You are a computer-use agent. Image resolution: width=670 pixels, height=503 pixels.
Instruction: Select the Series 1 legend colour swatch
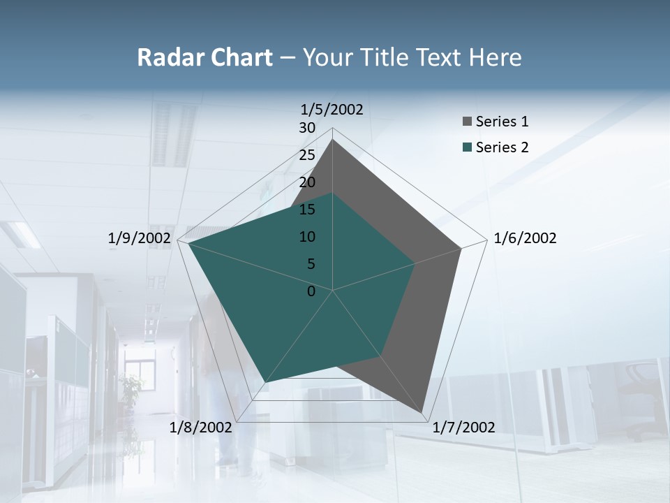tap(467, 122)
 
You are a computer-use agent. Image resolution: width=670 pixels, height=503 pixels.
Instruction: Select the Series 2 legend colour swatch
tap(467, 147)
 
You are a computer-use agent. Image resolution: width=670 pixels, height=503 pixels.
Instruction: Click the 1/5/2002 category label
tap(332, 109)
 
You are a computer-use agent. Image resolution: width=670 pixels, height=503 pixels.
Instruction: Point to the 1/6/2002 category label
tap(525, 238)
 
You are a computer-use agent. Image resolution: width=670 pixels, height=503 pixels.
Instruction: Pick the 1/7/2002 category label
tap(463, 428)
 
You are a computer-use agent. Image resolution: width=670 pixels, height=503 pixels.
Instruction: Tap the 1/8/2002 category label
tap(200, 428)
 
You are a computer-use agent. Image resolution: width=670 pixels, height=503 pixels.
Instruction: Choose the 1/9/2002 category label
tap(139, 238)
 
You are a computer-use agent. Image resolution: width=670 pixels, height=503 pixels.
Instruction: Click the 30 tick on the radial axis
tap(307, 128)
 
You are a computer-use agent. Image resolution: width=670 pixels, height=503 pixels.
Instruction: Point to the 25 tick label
tap(307, 155)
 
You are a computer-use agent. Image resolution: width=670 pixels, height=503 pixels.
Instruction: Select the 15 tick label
tap(307, 210)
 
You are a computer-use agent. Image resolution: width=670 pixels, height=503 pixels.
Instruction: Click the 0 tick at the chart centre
tap(311, 291)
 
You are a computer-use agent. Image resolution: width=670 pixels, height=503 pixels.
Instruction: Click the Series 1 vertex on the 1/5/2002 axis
tap(332, 139)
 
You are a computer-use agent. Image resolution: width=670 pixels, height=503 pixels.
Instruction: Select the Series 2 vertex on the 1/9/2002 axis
tap(188, 243)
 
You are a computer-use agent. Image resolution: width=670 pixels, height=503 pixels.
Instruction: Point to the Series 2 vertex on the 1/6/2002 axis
tap(415, 263)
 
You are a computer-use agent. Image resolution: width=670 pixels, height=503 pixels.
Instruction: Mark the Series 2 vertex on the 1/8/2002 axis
tap(265, 382)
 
